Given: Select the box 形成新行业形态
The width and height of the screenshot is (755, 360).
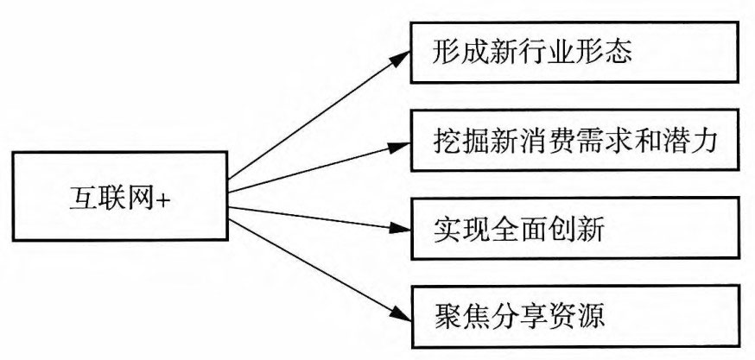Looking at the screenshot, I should (574, 54).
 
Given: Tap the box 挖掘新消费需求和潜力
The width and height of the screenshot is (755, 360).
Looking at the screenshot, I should (574, 141).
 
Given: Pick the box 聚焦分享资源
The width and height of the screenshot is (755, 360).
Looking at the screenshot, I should (574, 312).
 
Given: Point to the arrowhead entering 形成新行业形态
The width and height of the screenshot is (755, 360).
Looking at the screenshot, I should (400, 56).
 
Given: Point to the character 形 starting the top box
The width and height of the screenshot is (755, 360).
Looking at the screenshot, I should (446, 53).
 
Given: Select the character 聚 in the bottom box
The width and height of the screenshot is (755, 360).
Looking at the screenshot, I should (446, 313).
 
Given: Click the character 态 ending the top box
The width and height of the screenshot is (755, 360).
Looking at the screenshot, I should (620, 53).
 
